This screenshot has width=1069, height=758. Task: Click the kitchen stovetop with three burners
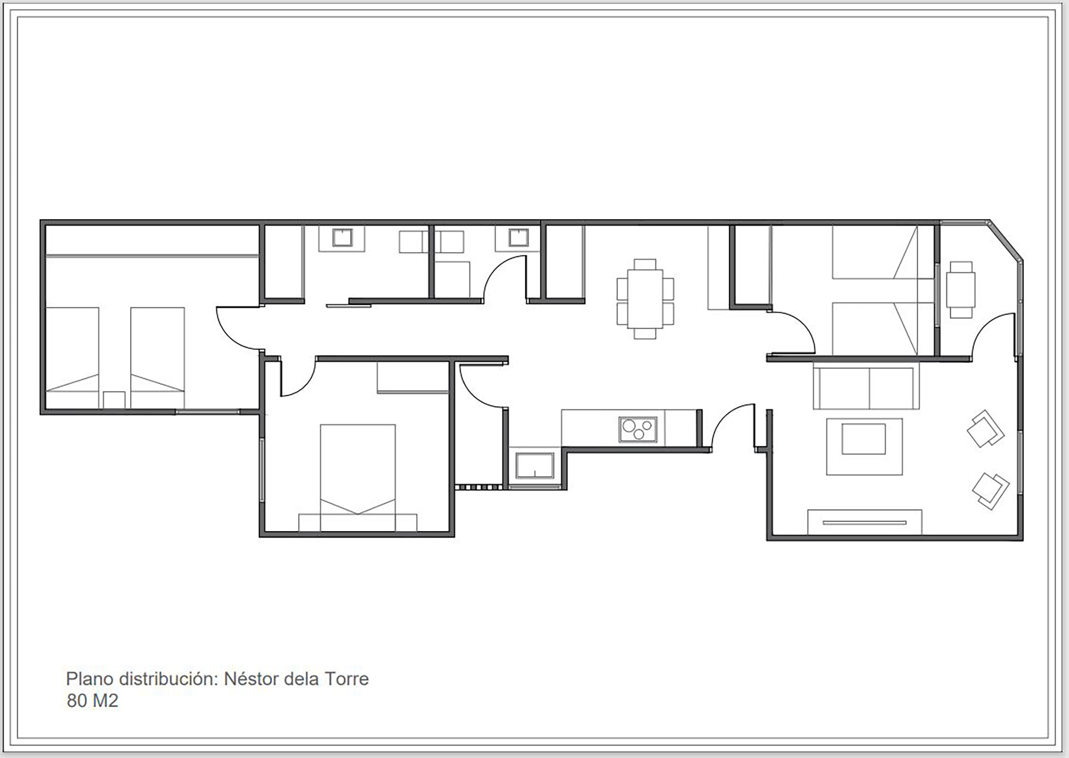tap(637, 430)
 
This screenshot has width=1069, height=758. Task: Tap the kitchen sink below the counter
tap(534, 465)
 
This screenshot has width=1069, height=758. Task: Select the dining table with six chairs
tap(645, 299)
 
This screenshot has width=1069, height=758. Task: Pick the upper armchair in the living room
tap(985, 429)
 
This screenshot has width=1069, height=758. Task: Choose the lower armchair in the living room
tap(990, 491)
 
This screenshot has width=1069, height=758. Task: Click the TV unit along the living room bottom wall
tap(865, 522)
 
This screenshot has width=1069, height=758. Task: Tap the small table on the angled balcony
tap(961, 289)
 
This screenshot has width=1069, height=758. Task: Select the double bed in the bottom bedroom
tap(358, 478)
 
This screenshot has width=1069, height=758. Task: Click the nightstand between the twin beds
tap(114, 400)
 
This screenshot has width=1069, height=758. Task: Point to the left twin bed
tap(72, 357)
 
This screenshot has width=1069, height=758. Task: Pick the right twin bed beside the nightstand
tap(157, 357)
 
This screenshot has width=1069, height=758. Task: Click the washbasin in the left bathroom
tap(342, 238)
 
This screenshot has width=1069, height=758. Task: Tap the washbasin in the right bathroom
tap(518, 238)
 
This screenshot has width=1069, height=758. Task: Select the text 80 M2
tap(92, 700)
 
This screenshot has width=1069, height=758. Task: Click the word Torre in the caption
tap(346, 679)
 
